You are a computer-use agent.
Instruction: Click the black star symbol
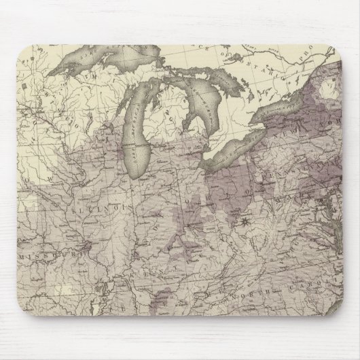pyautogui.click(x=244, y=221)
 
